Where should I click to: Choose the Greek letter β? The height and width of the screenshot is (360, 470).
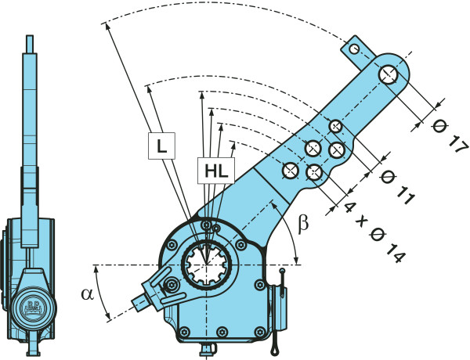[x=303, y=225]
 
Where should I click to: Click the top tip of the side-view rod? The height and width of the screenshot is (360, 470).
[x=29, y=37]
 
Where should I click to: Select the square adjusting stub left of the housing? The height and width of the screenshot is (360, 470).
[x=143, y=299]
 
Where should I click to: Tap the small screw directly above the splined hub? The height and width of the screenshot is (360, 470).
[x=205, y=226]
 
